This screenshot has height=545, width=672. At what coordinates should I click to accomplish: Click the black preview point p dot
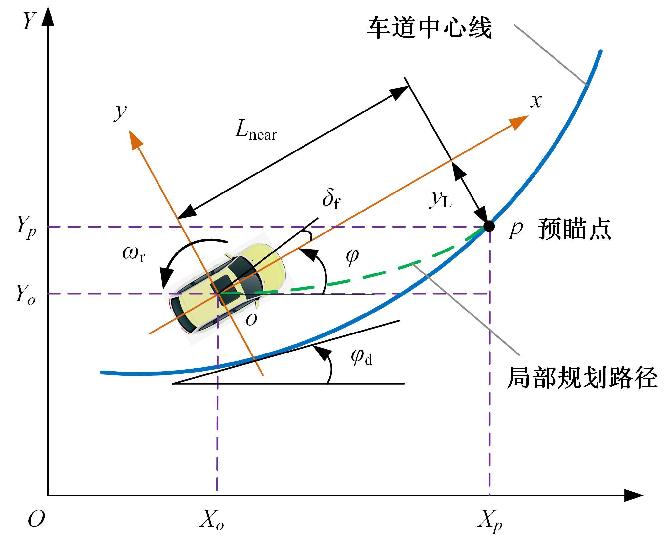click(x=489, y=226)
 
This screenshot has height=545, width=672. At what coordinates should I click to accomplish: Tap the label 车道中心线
click(x=429, y=28)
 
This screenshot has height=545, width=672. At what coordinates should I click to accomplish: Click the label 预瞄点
click(x=574, y=229)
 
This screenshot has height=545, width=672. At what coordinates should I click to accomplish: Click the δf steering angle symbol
click(x=331, y=200)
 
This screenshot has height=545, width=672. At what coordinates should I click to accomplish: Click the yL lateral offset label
click(x=441, y=199)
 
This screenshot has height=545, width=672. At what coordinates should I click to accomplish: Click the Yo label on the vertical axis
click(x=25, y=294)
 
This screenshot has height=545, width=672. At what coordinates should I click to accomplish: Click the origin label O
click(x=36, y=519)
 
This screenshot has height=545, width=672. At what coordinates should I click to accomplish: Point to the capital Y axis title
click(x=29, y=21)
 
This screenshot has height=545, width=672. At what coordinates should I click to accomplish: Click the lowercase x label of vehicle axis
click(x=536, y=102)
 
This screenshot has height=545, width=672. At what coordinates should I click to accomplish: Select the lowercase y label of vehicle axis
click(x=120, y=113)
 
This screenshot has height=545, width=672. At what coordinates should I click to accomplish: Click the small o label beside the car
click(x=251, y=320)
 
